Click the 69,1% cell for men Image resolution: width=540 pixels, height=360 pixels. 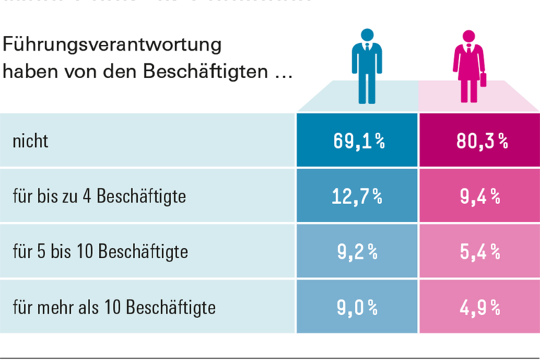(358, 141)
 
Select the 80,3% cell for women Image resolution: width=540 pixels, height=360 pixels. (481, 141)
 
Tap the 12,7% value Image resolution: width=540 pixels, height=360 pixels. (358, 196)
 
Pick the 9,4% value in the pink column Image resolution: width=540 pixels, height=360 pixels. (481, 196)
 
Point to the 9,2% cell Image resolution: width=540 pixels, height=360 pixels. (358, 251)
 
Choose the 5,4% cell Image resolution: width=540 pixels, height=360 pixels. (481, 251)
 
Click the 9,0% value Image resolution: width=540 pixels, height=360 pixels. (358, 307)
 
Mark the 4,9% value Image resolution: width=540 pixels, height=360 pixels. (481, 307)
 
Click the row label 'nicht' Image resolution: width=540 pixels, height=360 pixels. (30, 141)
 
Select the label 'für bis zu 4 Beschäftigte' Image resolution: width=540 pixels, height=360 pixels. (99, 196)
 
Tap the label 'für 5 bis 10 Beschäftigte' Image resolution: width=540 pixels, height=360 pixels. (101, 251)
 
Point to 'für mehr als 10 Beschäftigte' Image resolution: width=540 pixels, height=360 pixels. (114, 307)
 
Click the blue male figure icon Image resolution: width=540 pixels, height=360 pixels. (366, 67)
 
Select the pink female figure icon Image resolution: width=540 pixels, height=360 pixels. (467, 67)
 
